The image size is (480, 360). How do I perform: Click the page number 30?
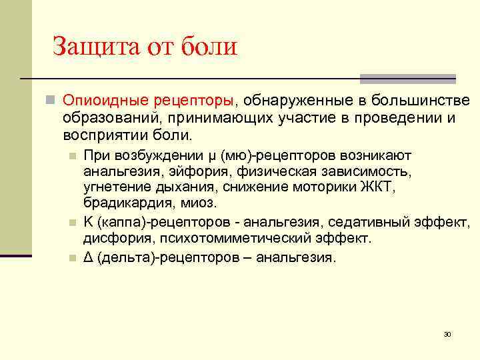(447, 333)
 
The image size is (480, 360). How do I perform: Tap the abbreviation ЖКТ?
(379, 187)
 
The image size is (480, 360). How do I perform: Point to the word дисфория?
(112, 238)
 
